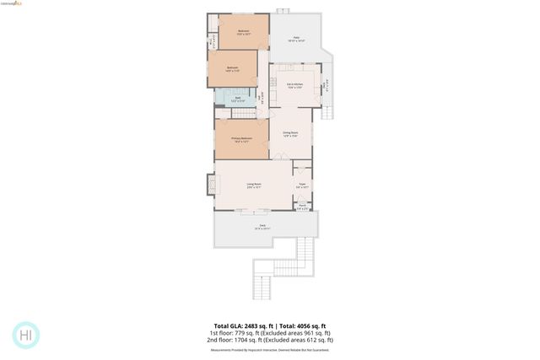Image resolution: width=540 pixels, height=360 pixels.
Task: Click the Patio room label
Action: click(299, 39)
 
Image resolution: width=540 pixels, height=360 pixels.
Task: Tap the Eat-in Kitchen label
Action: click(294, 86)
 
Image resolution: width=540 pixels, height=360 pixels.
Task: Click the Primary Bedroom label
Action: click(240, 140)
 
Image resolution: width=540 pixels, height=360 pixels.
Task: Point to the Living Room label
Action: click(253, 185)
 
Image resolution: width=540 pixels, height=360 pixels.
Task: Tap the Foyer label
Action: click(301, 185)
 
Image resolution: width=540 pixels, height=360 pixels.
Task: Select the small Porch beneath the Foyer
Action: click(302, 207)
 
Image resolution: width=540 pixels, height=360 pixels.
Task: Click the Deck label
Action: click(262, 227)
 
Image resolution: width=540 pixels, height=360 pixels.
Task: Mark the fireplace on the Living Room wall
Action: click(210, 183)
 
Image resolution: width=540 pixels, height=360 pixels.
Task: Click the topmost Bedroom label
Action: click(243, 33)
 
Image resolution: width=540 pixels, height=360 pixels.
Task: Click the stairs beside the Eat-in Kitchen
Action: click(328, 109)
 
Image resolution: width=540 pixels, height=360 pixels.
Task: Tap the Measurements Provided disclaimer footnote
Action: click(269, 349)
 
